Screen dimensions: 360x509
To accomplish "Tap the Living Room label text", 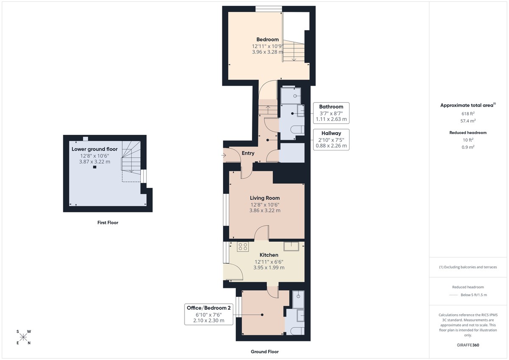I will (265, 198).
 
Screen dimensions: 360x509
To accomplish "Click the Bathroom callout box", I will (331, 113).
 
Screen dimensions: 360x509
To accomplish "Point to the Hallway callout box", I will (331, 140).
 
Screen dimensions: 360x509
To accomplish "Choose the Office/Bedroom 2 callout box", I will (209, 314).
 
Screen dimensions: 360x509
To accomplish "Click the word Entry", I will (248, 153).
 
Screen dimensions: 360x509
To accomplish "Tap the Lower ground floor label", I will (95, 149).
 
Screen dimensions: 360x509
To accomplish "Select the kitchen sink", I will (291, 246).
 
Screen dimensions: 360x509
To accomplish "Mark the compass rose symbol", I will (23, 337).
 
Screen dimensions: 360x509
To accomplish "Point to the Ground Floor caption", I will (264, 352).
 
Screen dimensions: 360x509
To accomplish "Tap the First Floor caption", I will (108, 223).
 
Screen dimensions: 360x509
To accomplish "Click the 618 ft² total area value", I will (468, 114).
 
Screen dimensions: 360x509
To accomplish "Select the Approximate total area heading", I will (467, 105).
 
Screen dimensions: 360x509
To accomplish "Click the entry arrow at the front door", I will (224, 156).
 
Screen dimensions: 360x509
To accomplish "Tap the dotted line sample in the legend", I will (455, 295).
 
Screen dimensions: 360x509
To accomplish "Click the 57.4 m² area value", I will (468, 121).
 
